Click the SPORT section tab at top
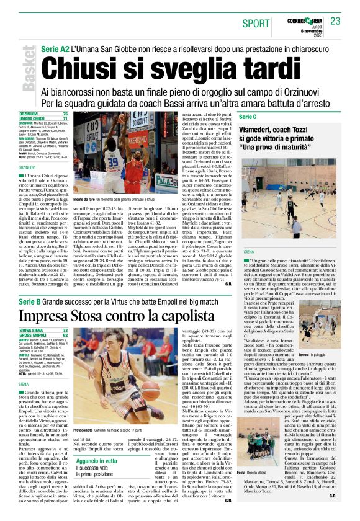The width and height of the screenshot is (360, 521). (256, 23)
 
